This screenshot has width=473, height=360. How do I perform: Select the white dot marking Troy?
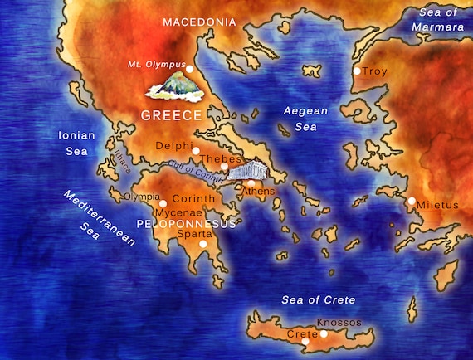357,71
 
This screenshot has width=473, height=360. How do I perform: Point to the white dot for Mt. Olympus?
190,69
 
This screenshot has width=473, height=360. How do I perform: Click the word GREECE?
172,115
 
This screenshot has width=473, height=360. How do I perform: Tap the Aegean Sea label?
305,119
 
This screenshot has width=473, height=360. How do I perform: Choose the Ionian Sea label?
78,143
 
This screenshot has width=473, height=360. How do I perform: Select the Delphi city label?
173,147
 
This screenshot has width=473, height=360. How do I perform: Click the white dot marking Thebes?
223,166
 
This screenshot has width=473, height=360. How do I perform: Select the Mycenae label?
180,212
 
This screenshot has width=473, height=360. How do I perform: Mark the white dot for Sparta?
202,244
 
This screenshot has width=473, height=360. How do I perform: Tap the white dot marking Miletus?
412,201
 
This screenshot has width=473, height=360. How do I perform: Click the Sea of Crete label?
318,299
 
